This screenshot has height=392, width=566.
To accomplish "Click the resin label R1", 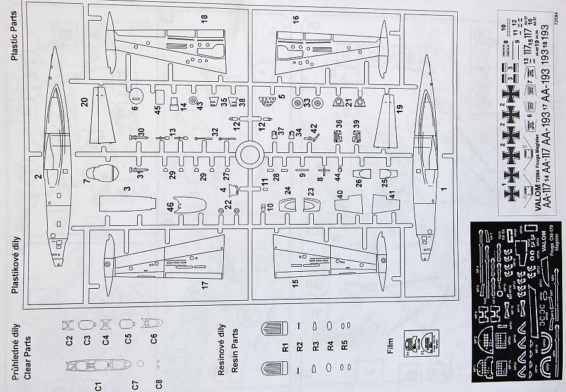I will (x=285, y=346).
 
